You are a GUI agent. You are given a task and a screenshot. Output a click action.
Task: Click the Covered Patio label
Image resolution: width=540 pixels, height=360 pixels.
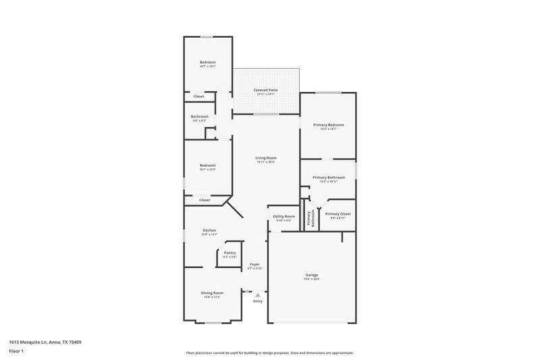point(265,90)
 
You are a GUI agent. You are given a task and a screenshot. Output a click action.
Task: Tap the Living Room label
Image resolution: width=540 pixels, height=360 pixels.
point(266,158)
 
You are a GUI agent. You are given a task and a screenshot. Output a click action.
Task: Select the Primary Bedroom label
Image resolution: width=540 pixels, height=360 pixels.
point(328,125)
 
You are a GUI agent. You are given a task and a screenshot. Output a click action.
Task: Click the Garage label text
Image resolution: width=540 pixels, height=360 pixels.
point(312,276)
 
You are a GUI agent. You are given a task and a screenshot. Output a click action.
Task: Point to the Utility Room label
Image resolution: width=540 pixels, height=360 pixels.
point(283,217)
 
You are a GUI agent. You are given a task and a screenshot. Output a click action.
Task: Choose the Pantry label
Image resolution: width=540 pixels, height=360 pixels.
point(230,253)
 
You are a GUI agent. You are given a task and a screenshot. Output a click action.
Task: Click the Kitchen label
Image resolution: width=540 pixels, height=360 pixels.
point(209,231)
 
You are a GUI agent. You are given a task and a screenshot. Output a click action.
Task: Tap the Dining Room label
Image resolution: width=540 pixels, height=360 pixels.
point(212,293)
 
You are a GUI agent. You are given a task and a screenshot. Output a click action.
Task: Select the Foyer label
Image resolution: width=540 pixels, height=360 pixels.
point(255,264)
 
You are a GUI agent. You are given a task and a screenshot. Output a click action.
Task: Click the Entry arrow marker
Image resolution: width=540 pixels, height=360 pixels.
point(257,294)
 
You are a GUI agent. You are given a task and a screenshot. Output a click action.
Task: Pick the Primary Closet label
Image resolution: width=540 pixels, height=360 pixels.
point(338,214)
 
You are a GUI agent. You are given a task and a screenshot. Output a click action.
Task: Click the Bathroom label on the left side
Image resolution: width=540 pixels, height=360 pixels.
point(199,116)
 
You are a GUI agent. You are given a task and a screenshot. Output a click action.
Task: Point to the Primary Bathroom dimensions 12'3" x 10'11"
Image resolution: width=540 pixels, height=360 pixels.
point(329,181)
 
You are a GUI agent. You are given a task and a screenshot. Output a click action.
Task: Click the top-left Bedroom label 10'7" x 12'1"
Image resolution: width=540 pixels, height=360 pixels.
point(207,62)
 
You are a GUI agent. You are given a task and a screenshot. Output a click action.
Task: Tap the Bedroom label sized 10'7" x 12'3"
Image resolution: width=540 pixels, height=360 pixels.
point(207,165)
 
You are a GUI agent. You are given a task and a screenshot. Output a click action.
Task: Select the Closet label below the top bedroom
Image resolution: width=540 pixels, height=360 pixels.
point(198,97)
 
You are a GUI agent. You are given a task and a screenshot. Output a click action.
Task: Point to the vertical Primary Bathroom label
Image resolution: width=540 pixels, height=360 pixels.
point(310,217)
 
